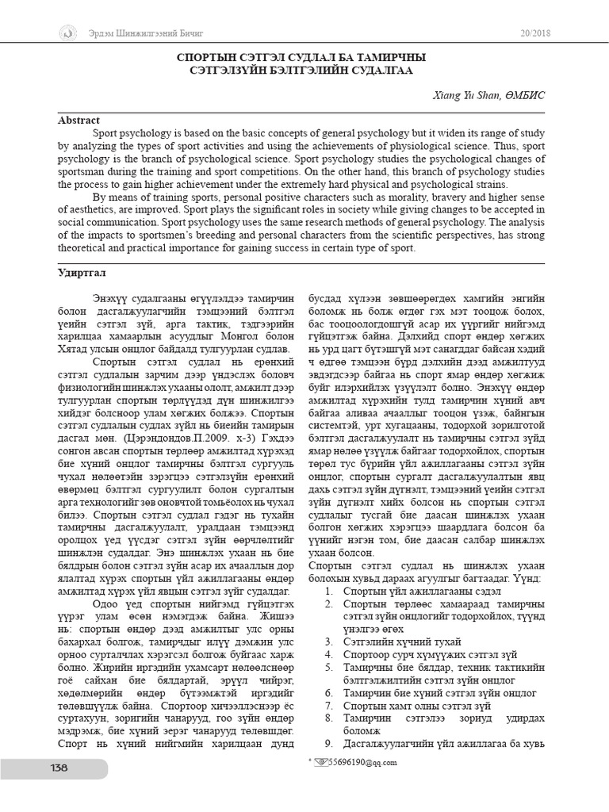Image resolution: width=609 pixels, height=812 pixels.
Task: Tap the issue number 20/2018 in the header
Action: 534,33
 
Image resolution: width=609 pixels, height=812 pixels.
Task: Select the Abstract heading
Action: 79,121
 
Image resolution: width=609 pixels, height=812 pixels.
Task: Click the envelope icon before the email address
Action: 320,762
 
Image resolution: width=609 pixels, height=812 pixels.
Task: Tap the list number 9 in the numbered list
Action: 327,743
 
